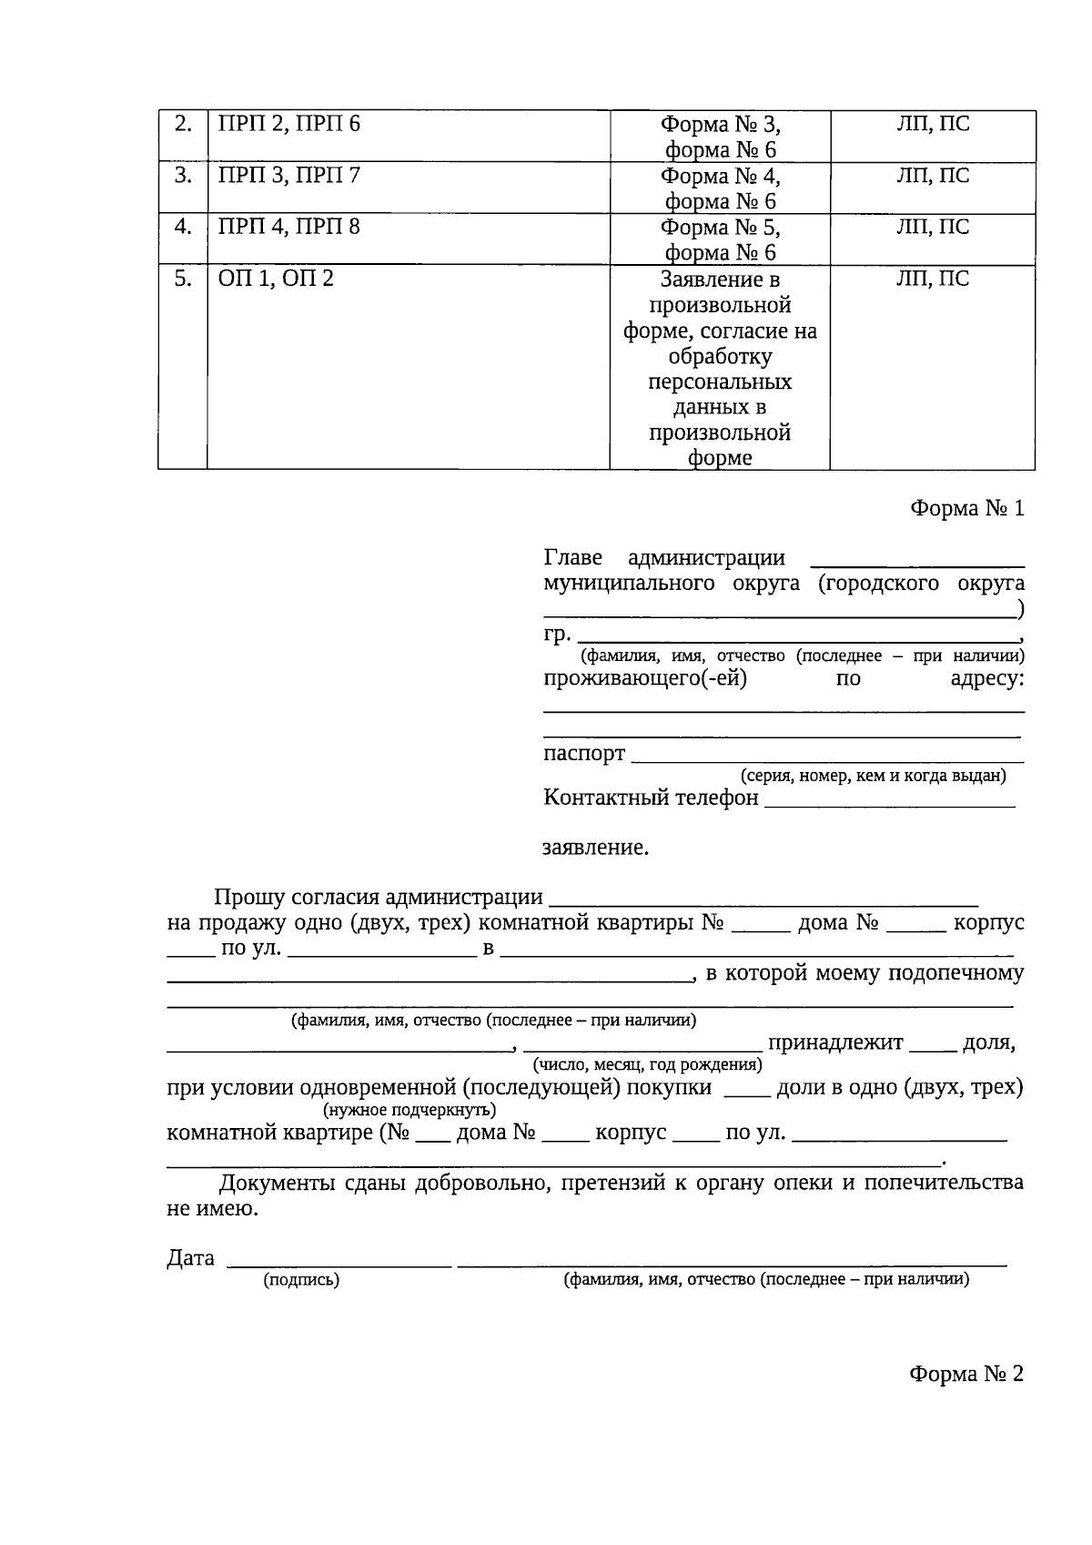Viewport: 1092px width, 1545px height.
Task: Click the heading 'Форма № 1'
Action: click(x=966, y=508)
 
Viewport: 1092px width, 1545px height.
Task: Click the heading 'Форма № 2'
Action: click(x=966, y=1374)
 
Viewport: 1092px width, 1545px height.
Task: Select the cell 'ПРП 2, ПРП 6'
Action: click(x=288, y=124)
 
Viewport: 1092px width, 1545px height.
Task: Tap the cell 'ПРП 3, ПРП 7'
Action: click(x=288, y=175)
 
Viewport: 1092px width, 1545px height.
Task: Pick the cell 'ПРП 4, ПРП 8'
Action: click(x=288, y=226)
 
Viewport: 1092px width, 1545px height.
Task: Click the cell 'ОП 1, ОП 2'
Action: click(x=276, y=279)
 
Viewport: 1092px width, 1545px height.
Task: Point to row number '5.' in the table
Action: click(x=183, y=279)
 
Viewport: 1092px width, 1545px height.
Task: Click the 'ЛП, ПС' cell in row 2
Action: click(x=933, y=124)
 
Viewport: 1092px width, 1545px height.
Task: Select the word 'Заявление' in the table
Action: click(x=719, y=279)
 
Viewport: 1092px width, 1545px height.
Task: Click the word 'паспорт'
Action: click(x=584, y=754)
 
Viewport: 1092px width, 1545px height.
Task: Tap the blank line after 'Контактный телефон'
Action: click(x=889, y=800)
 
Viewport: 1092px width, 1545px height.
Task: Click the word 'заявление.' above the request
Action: click(x=596, y=848)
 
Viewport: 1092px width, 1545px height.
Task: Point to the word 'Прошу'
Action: click(x=248, y=898)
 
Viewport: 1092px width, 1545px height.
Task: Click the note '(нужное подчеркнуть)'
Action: click(x=409, y=1110)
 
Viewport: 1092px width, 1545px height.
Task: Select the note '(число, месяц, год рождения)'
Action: click(x=647, y=1063)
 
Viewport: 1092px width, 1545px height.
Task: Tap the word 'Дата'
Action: click(x=191, y=1258)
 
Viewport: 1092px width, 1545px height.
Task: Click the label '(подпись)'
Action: click(x=301, y=1279)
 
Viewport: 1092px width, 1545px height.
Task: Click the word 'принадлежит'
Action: click(x=835, y=1042)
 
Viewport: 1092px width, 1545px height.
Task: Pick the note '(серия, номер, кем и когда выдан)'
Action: click(x=873, y=776)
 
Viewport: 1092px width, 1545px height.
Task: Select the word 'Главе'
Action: click(x=572, y=558)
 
